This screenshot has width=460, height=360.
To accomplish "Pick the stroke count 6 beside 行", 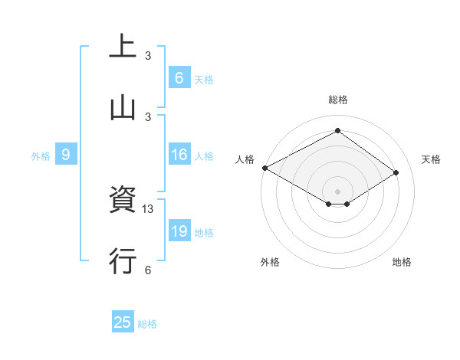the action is (148, 269).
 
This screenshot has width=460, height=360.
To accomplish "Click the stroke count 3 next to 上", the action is (148, 56).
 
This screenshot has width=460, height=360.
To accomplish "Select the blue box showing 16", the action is (179, 155).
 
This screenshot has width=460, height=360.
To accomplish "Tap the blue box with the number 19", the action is (179, 232).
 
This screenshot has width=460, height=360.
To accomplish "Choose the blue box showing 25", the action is (123, 322).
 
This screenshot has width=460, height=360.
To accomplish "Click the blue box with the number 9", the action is (66, 155).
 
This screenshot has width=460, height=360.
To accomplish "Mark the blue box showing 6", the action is (179, 78).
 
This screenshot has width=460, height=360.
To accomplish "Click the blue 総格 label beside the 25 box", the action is (147, 324).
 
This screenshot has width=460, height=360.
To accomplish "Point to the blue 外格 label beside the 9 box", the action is (41, 156).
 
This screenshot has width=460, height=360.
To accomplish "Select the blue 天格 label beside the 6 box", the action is (204, 79).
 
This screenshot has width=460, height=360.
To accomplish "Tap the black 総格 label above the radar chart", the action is (338, 100).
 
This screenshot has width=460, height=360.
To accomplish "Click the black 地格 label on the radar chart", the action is (402, 262).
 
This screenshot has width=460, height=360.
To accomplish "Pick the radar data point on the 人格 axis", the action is (264, 168).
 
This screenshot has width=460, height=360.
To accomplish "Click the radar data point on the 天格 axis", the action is (396, 173).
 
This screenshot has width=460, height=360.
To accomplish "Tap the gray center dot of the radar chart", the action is (338, 191).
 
